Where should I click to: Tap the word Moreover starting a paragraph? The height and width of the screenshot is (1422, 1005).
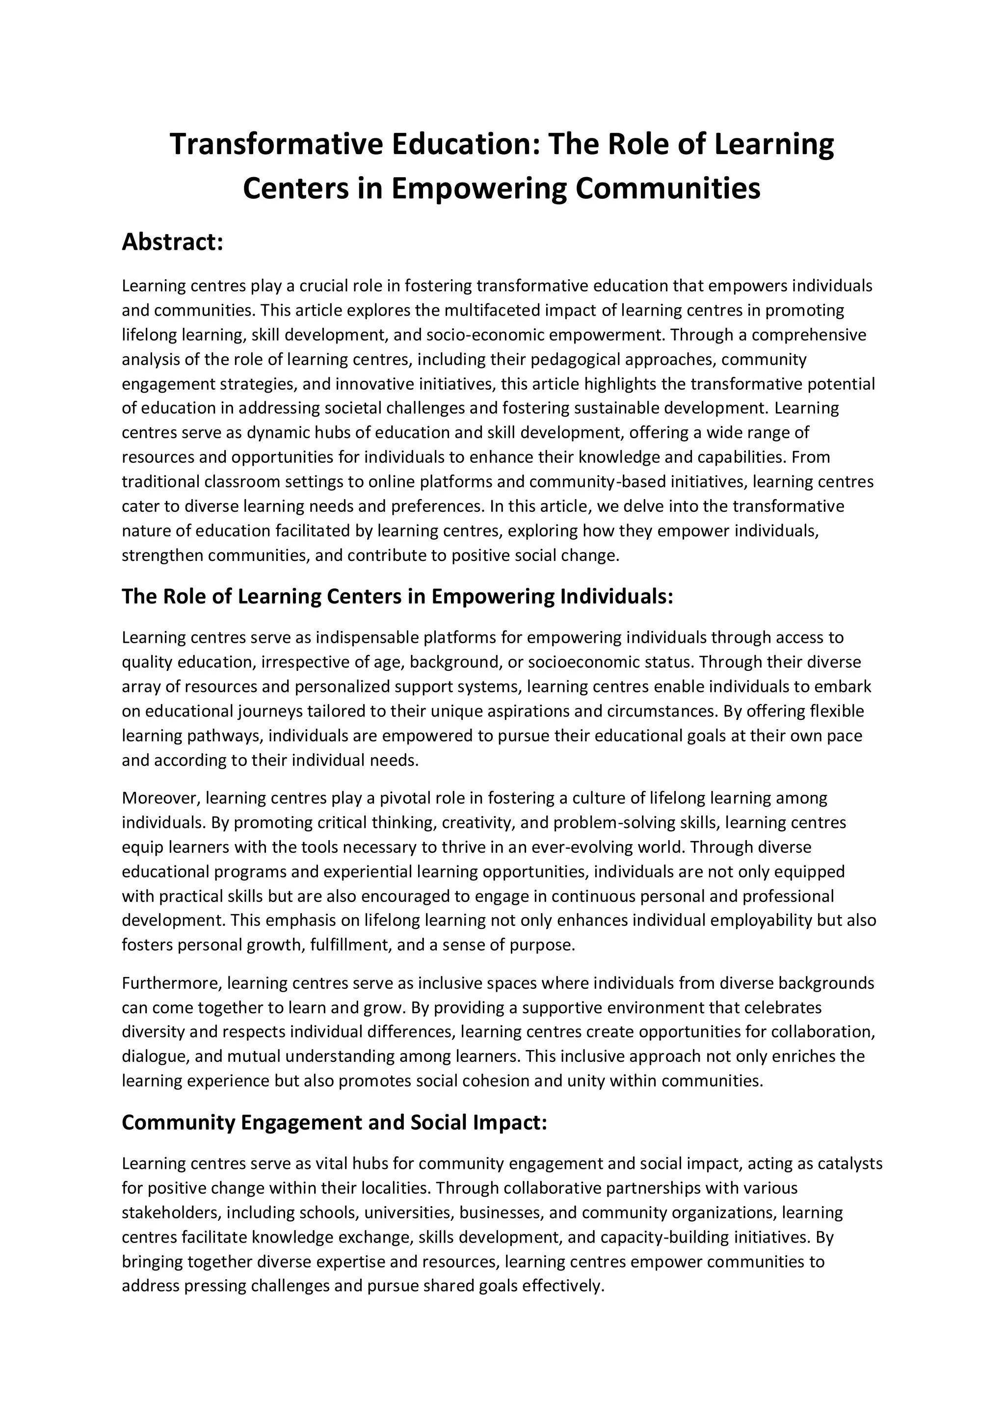[160, 798]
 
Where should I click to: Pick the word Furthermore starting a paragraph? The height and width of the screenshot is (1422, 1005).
[172, 983]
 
